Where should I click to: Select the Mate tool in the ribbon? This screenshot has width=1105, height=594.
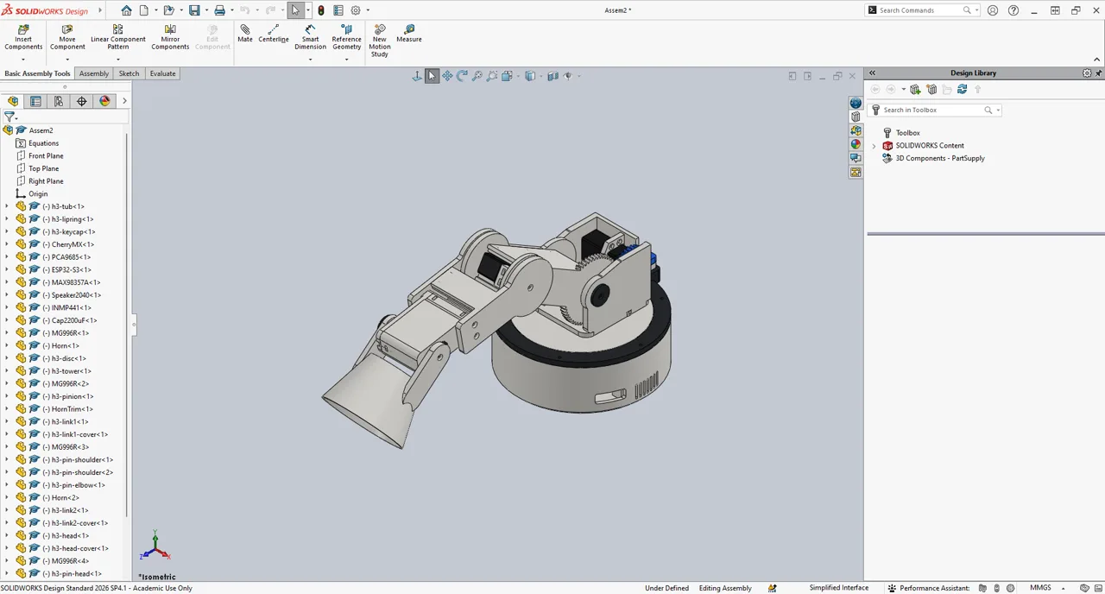pyautogui.click(x=244, y=34)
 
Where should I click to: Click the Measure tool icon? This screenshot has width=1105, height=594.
pyautogui.click(x=409, y=34)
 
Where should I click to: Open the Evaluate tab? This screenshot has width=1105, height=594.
pyautogui.click(x=163, y=73)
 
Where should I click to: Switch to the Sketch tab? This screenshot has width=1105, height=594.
pyautogui.click(x=129, y=73)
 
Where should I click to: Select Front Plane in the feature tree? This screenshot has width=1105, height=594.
pyautogui.click(x=46, y=156)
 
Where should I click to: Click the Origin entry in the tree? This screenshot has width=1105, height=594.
pyautogui.click(x=38, y=194)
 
